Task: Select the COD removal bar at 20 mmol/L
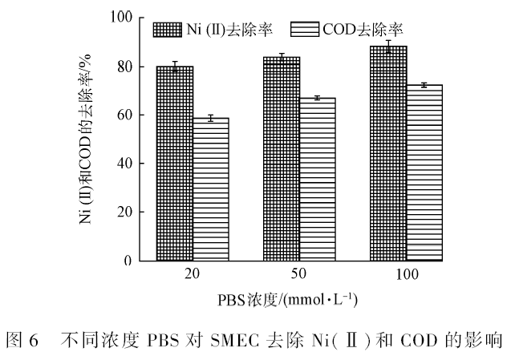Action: [211, 189]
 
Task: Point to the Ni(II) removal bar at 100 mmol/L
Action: [388, 153]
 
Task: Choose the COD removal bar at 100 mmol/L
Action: [424, 172]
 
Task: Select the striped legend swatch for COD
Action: [305, 30]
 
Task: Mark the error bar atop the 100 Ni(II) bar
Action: [388, 47]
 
